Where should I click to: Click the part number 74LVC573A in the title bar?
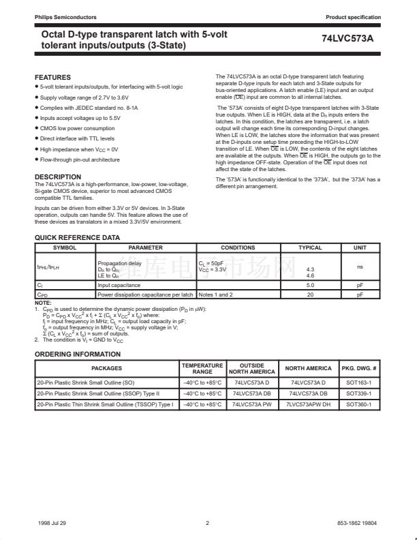pos(347,39)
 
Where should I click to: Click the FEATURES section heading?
pos(52,78)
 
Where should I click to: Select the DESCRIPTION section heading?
pos(58,177)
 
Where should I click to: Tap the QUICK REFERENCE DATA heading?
pos(77,238)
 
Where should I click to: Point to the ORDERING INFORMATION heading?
pos(78,355)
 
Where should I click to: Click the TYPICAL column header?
pos(310,247)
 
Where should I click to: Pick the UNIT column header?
pos(360,247)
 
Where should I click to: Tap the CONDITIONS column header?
pos(238,247)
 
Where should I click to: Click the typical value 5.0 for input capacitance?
pos(310,285)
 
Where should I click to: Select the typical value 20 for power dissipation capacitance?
pos(310,295)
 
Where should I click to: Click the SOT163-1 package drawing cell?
pos(358,383)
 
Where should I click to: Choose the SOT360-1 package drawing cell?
pos(358,404)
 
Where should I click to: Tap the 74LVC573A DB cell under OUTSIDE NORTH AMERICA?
pos(251,394)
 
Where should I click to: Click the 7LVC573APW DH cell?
pos(308,404)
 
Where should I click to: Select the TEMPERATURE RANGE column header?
pos(202,369)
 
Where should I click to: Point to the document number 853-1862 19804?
pos(357,524)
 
